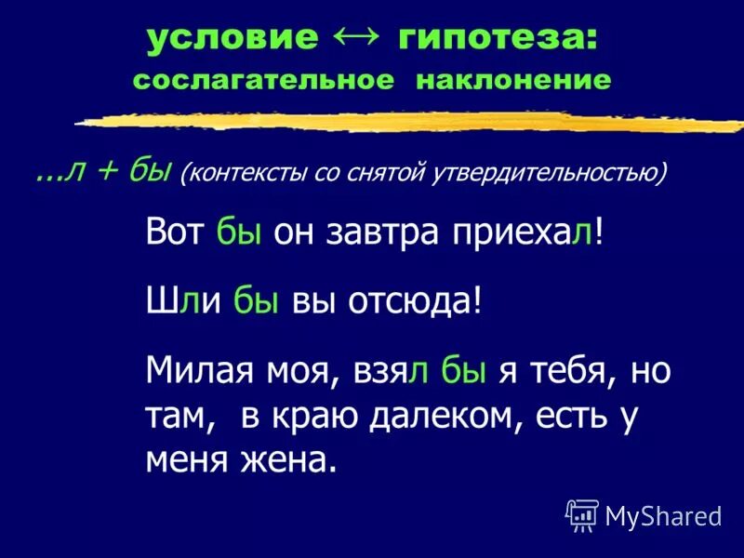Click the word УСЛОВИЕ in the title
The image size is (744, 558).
pyautogui.click(x=232, y=39)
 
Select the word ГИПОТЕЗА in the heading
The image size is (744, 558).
pyautogui.click(x=498, y=39)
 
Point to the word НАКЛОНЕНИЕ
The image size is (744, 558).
pyautogui.click(x=513, y=80)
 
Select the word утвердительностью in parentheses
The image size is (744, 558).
pyautogui.click(x=548, y=174)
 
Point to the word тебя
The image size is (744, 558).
pyautogui.click(x=570, y=372)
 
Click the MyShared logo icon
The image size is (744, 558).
pyautogui.click(x=582, y=514)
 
